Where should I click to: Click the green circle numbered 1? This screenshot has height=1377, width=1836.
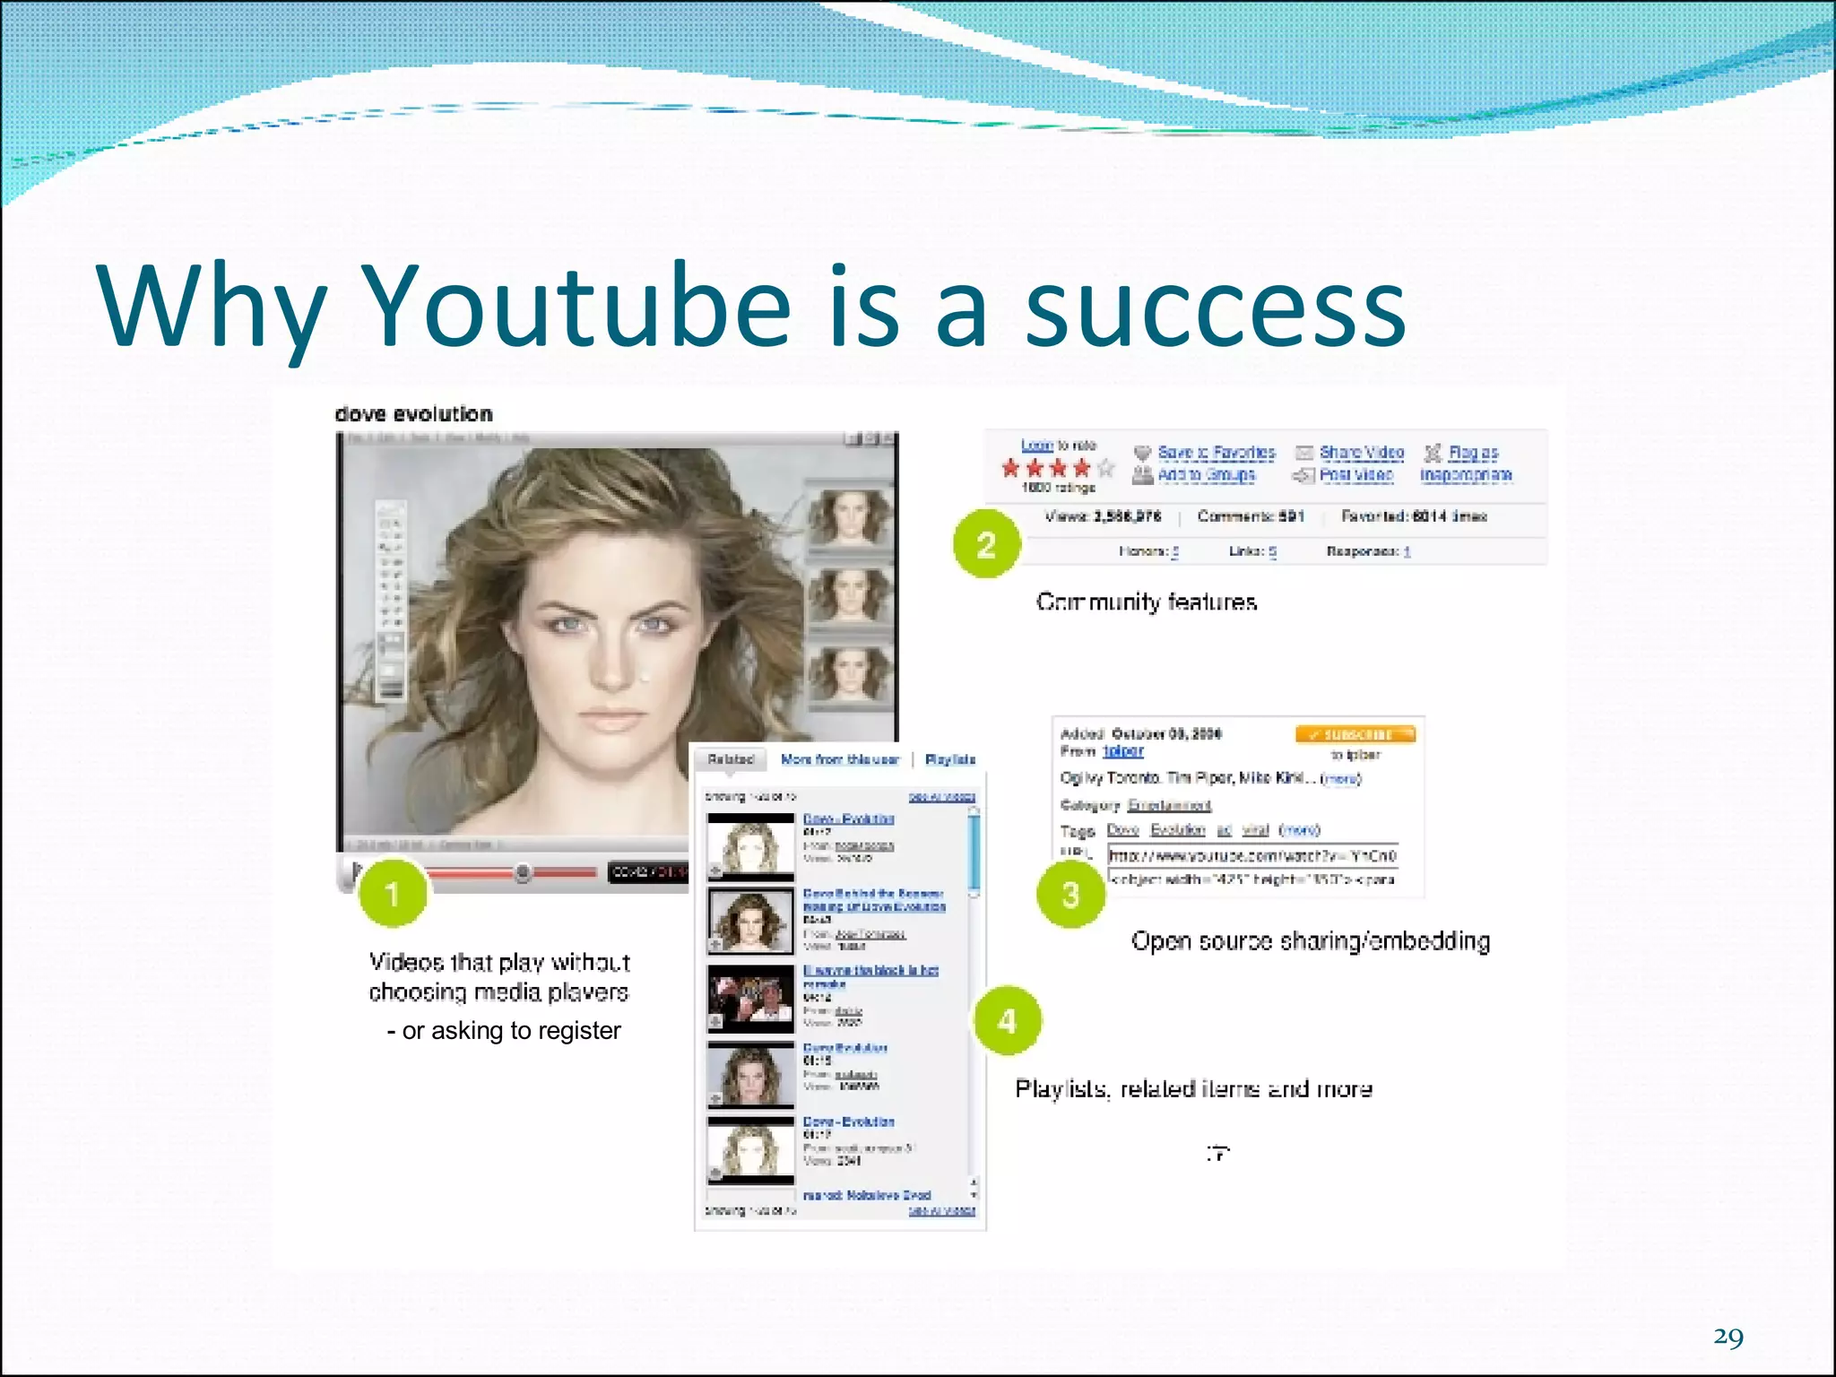tap(392, 893)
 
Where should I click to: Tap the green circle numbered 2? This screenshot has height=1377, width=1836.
tap(986, 544)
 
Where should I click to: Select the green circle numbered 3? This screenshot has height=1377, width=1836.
tap(1070, 894)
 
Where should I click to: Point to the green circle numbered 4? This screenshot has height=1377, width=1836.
tap(1007, 1020)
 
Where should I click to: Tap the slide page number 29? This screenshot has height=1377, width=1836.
tap(1728, 1338)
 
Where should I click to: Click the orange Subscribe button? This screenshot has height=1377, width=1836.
tap(1355, 735)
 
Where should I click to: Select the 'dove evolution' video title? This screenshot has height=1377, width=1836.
tap(413, 414)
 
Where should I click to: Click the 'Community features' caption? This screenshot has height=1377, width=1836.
tap(1146, 602)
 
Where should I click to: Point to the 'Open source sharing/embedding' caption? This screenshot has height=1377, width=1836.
tap(1310, 941)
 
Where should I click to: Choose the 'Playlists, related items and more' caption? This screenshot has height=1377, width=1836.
tap(1193, 1089)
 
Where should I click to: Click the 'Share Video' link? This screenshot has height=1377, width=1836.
tap(1361, 453)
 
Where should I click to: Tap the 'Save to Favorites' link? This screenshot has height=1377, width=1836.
tap(1216, 453)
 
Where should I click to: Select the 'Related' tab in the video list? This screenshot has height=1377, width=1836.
tap(731, 759)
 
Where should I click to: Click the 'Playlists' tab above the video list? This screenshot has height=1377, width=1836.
tap(949, 759)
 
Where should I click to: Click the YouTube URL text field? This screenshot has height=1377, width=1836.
tap(1252, 855)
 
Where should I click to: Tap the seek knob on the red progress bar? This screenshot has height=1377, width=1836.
tap(523, 872)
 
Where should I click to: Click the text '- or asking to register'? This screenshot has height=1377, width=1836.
tap(504, 1031)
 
